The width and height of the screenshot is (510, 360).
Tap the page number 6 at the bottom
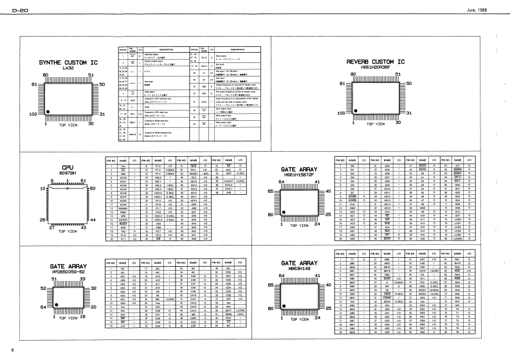[12, 350]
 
